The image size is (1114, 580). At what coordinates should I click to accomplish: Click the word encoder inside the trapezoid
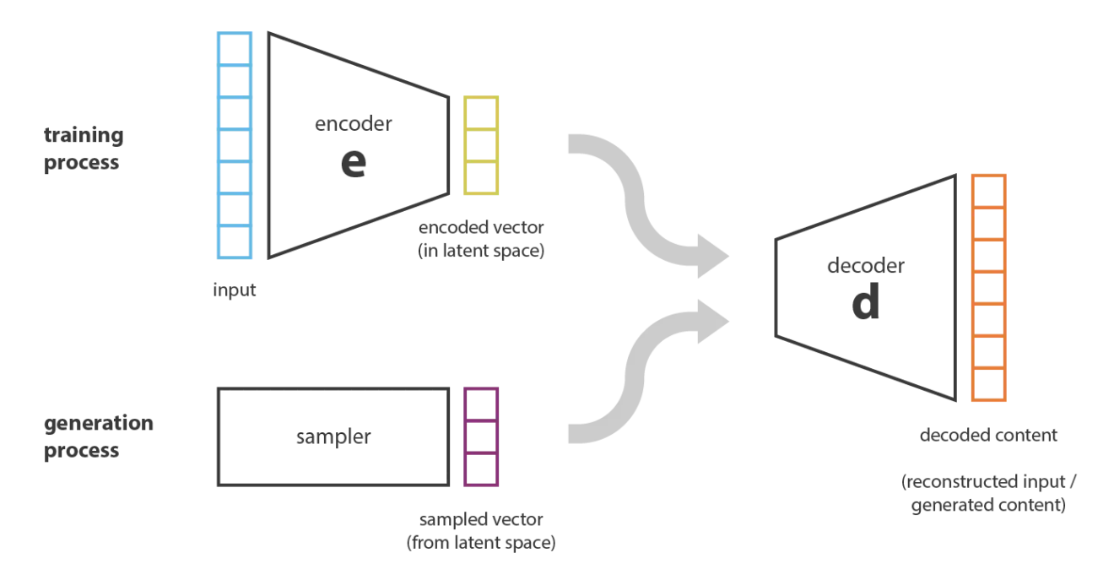pyautogui.click(x=353, y=124)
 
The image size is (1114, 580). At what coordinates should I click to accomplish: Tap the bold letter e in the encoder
pyautogui.click(x=354, y=163)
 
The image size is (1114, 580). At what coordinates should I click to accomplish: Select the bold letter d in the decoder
pyautogui.click(x=866, y=301)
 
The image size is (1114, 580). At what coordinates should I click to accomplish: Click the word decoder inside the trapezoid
pyautogui.click(x=866, y=266)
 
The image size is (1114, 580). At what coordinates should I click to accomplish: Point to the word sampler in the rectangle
pyautogui.click(x=333, y=437)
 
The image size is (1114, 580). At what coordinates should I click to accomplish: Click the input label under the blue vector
pyautogui.click(x=235, y=290)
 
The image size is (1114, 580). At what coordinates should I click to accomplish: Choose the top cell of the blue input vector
pyautogui.click(x=235, y=49)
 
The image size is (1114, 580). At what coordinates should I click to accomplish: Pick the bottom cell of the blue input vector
pyautogui.click(x=235, y=242)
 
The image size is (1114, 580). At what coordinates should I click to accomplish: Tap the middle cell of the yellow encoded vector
pyautogui.click(x=481, y=145)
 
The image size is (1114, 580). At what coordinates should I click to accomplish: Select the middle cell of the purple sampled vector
pyautogui.click(x=481, y=436)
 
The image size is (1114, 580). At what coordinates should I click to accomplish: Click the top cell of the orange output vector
pyautogui.click(x=989, y=191)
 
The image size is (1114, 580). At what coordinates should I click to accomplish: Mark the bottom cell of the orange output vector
pyautogui.click(x=989, y=384)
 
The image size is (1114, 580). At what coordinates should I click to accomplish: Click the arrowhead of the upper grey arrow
pyautogui.click(x=713, y=256)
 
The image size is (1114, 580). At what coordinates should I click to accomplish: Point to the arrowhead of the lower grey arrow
pyautogui.click(x=713, y=322)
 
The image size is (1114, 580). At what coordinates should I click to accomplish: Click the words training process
pyautogui.click(x=84, y=149)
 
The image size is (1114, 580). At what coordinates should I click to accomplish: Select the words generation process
pyautogui.click(x=99, y=436)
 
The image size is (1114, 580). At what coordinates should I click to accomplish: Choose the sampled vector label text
pyautogui.click(x=481, y=519)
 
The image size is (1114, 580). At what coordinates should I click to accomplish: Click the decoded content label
pyautogui.click(x=988, y=436)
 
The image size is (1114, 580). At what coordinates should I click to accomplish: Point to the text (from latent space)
pyautogui.click(x=481, y=543)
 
